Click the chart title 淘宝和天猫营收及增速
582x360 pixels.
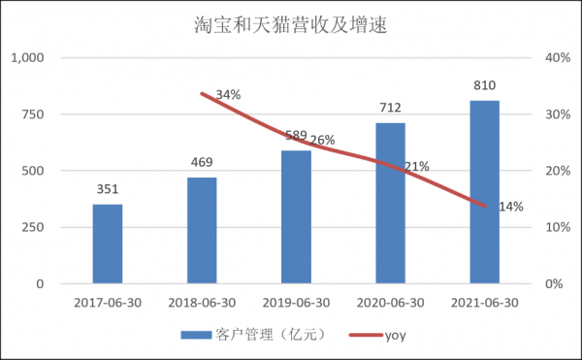(291, 23)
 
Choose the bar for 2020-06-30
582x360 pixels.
(391, 203)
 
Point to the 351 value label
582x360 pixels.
(108, 190)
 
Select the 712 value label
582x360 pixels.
(391, 109)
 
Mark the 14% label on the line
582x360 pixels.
(511, 207)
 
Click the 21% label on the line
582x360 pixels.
(417, 167)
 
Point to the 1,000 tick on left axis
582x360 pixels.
(28, 58)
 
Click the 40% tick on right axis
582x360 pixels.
(555, 58)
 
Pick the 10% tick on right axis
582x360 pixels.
(555, 227)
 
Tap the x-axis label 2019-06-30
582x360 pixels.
(297, 302)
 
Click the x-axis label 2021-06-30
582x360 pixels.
(485, 302)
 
